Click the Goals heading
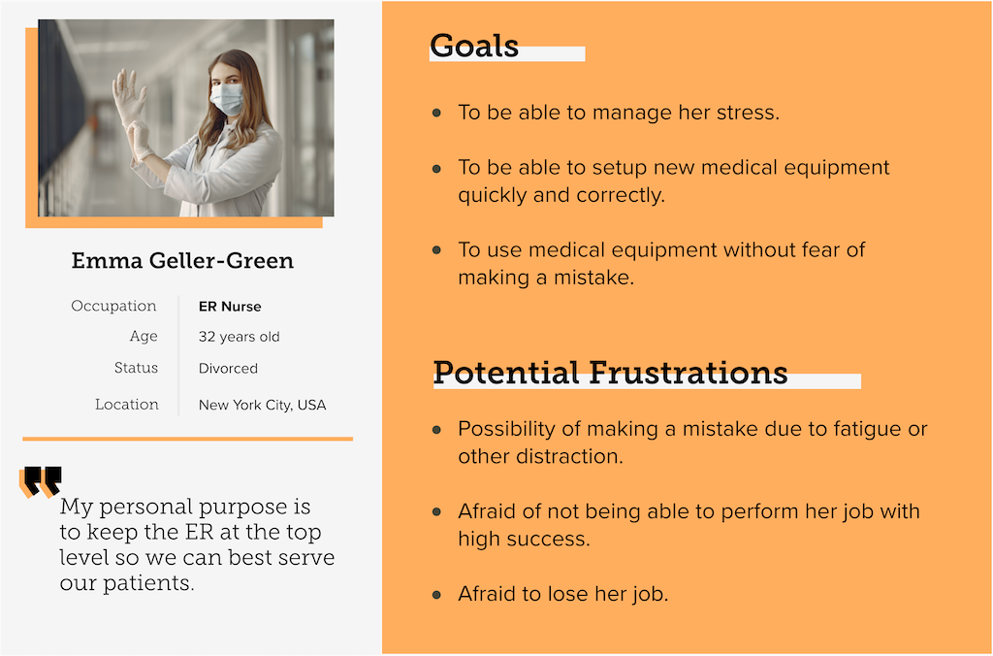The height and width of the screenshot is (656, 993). pos(473,46)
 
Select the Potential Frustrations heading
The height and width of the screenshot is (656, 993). pos(611,372)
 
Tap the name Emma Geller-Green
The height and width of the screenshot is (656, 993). pos(182,260)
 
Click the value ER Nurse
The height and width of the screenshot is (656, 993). pos(230,307)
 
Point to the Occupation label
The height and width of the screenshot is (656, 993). pos(114,306)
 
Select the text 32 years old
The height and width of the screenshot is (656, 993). pos(239,337)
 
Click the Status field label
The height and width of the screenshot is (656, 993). pos(136,368)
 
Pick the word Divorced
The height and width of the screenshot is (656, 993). pos(228,368)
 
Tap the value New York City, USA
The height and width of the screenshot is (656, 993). pos(262,405)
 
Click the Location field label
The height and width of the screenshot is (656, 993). pos(127,405)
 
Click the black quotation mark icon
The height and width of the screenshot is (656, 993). pos(43,480)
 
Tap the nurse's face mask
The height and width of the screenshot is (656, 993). pos(227,99)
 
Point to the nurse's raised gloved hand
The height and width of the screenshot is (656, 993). pos(129,96)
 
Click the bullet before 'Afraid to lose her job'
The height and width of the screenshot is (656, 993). pos(436,595)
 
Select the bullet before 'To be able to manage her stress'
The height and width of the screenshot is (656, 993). pos(436,113)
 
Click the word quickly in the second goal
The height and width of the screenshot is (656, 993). pos(493,195)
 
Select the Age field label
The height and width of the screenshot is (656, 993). pos(144,337)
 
